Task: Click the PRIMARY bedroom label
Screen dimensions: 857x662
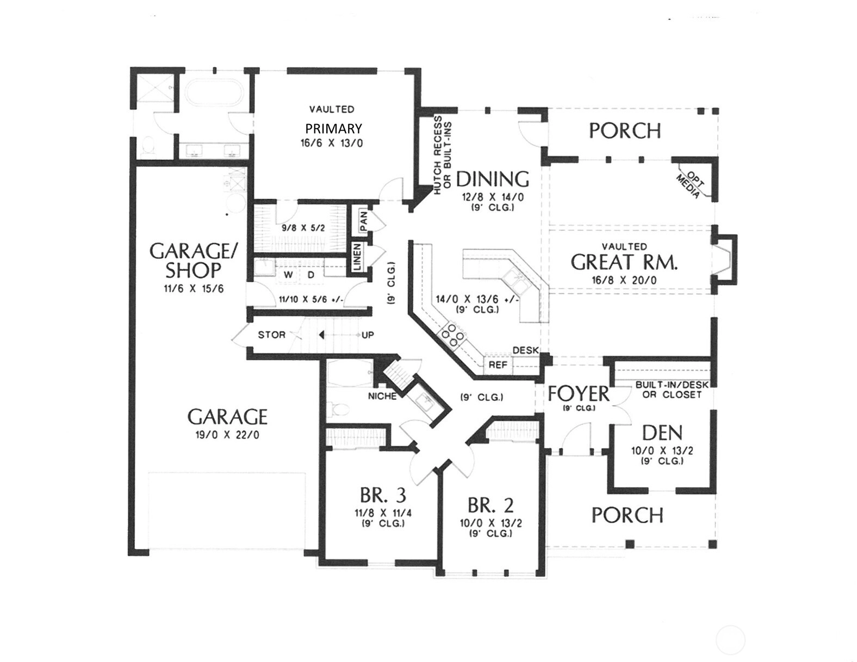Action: [x=334, y=128]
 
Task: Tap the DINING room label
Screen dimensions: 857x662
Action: [x=493, y=180]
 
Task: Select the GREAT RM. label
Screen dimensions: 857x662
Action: [x=624, y=262]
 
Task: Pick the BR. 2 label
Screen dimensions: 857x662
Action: [x=491, y=504]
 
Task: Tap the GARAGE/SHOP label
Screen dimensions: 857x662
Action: [x=192, y=261]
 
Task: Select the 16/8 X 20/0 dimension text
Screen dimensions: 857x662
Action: [x=624, y=281]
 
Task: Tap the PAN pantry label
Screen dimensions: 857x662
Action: [x=364, y=222]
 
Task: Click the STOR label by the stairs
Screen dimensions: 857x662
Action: [x=272, y=335]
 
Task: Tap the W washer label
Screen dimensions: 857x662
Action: [x=288, y=275]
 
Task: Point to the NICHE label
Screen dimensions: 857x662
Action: [x=382, y=397]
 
